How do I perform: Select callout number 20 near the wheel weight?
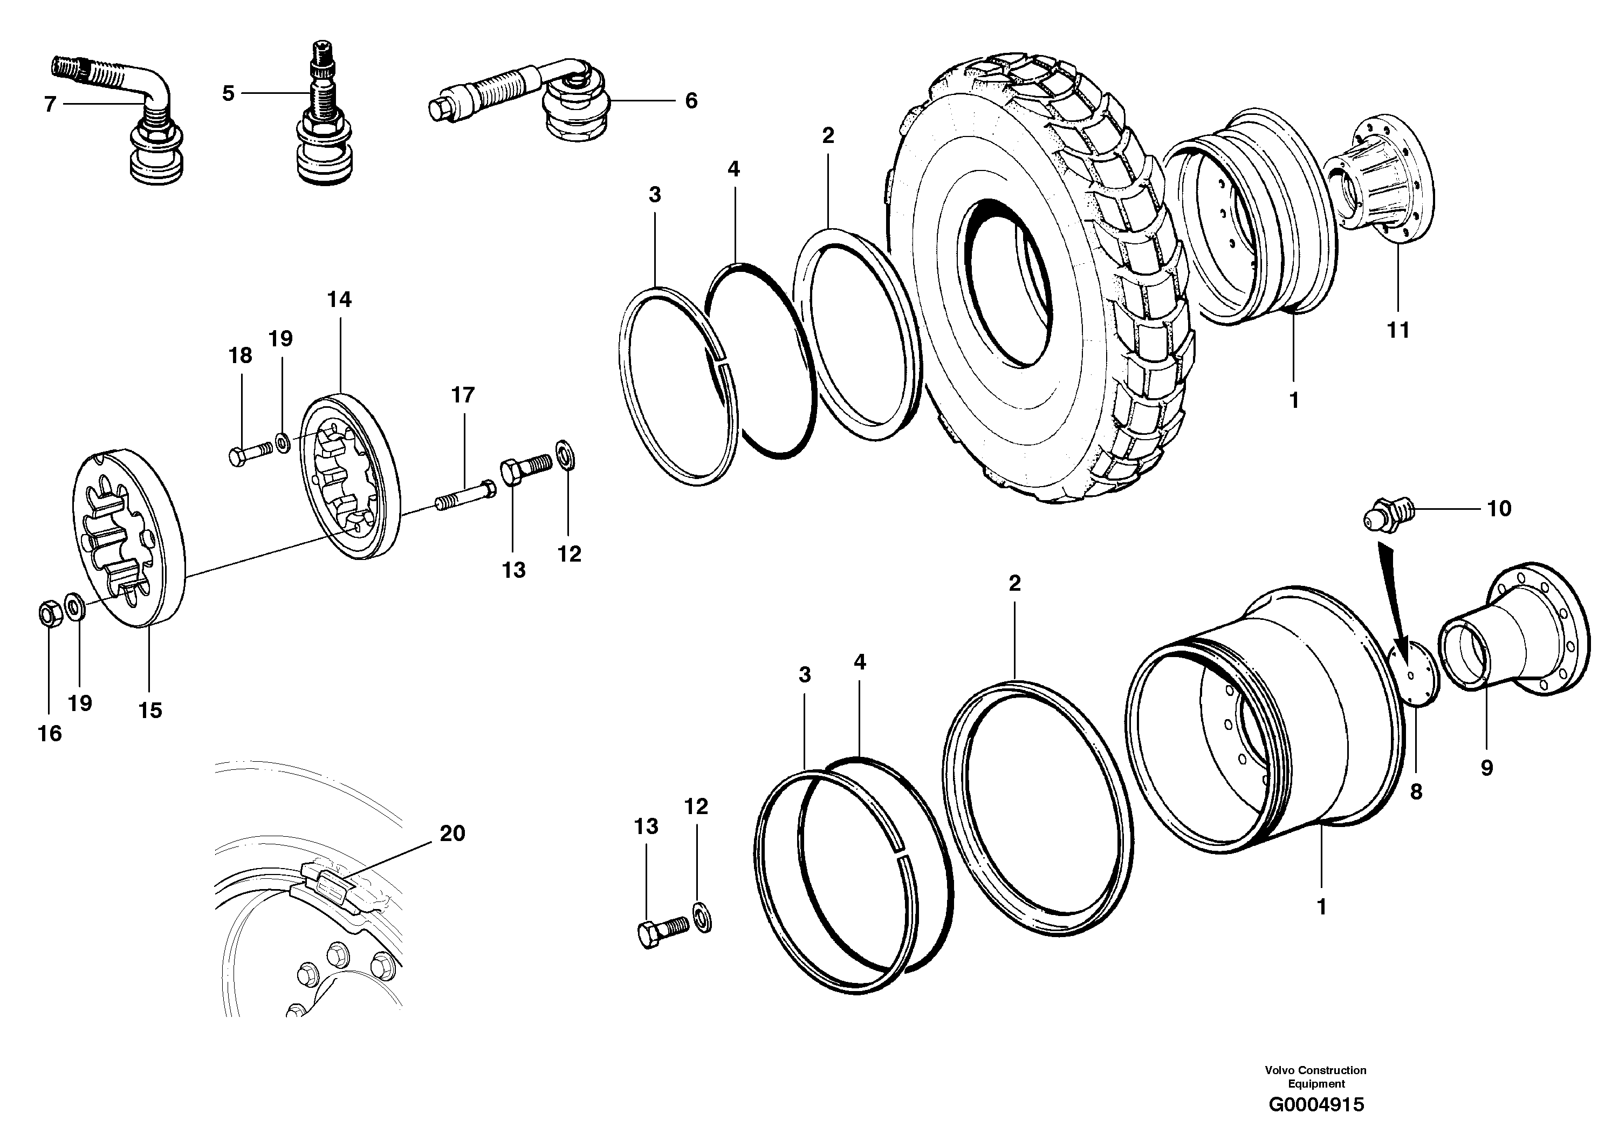pos(452,834)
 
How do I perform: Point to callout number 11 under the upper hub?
pos(1398,329)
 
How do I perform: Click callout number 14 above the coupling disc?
pos(339,300)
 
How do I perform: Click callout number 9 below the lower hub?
pos(1487,768)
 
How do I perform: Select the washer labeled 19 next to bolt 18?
pos(283,442)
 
